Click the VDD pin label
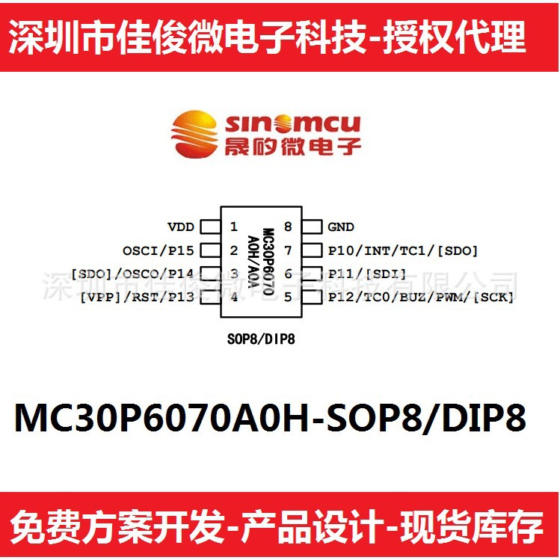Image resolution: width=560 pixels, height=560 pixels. pyautogui.click(x=180, y=227)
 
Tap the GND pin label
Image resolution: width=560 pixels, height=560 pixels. pyautogui.click(x=341, y=227)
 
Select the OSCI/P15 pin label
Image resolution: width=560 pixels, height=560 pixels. pyautogui.click(x=159, y=250)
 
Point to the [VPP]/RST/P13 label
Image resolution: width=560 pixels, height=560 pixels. pyautogui.click(x=137, y=297)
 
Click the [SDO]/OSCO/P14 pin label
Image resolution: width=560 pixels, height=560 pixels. pyautogui.click(x=132, y=274)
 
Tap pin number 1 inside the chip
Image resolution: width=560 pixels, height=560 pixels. pyautogui.click(x=234, y=227)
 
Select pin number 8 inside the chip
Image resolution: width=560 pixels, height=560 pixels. pyautogui.click(x=287, y=227)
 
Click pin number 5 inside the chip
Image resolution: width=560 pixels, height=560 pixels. pyautogui.click(x=287, y=297)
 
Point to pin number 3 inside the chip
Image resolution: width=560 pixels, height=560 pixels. pyautogui.click(x=234, y=274)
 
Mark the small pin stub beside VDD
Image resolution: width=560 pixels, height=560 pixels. pyautogui.click(x=209, y=227)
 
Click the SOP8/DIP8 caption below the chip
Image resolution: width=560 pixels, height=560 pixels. pyautogui.click(x=260, y=339)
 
